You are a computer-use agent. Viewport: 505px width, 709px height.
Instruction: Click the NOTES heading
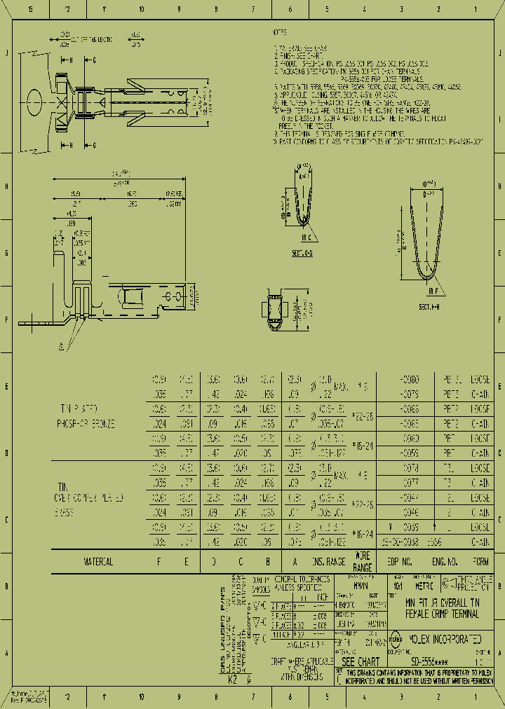tap(278, 32)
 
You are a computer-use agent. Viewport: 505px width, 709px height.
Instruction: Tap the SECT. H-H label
tap(429, 307)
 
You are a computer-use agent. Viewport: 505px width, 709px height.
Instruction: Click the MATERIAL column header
tap(99, 562)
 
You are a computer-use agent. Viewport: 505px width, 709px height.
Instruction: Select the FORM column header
tap(481, 562)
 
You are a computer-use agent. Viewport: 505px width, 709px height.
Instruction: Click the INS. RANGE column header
tap(327, 562)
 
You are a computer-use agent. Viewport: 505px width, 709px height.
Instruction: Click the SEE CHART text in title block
tap(361, 661)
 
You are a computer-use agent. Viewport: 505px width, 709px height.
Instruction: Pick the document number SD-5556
tap(428, 661)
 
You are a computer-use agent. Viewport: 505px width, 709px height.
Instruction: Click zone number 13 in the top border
tap(29, 9)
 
